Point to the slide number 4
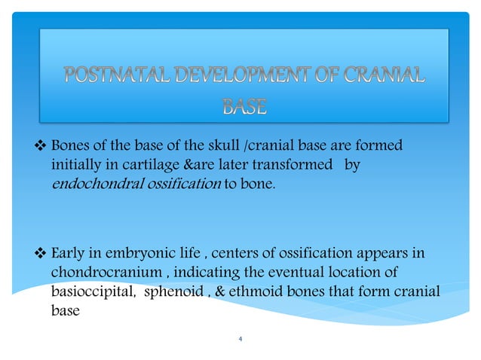240,340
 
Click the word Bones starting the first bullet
70,144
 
